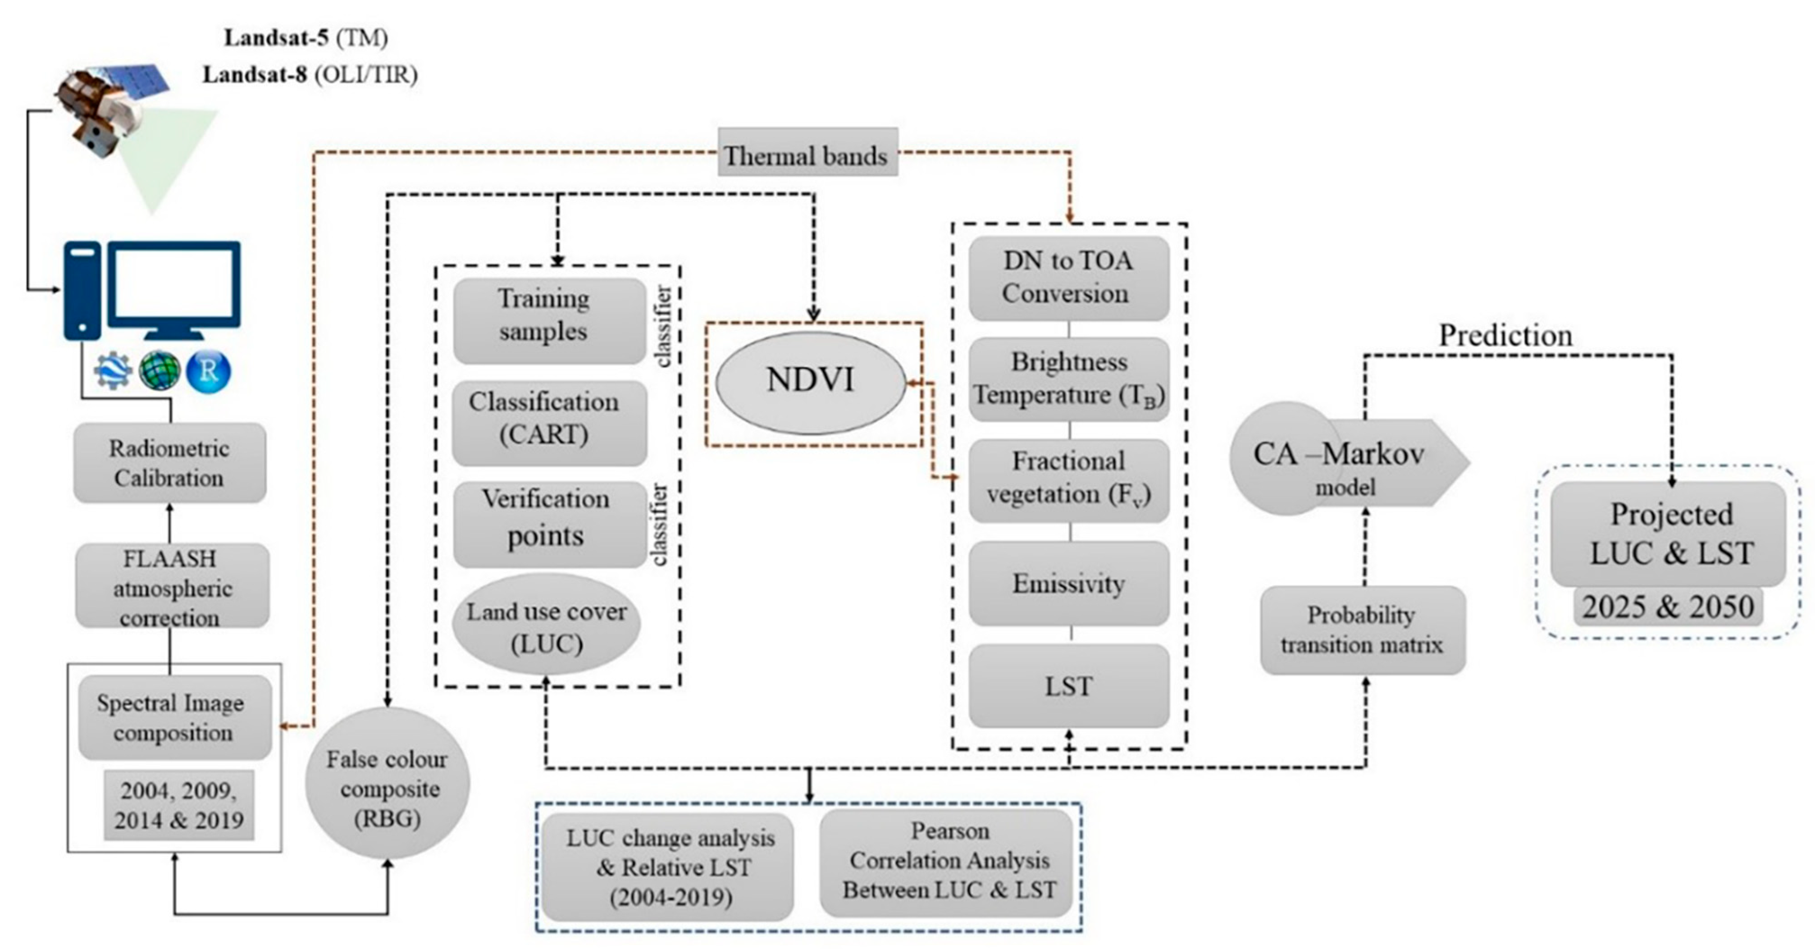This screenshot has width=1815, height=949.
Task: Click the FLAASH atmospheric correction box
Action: coord(172,586)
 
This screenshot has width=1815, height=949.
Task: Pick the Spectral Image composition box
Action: coord(174,717)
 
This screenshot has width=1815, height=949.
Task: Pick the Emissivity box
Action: coord(1068,584)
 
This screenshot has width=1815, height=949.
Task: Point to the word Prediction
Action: coord(1505,335)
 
